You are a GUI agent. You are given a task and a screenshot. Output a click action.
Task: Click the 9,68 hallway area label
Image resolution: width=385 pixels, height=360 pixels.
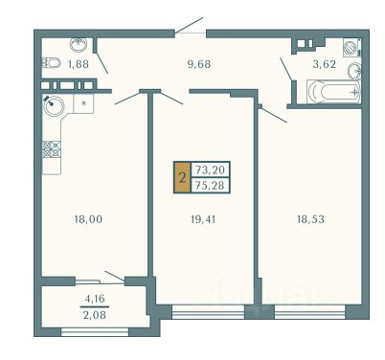pos(199,64)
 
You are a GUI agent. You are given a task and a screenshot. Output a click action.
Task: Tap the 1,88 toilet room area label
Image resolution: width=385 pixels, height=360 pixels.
pos(79,64)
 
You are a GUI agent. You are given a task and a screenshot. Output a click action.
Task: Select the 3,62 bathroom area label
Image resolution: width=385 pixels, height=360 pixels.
pos(324,64)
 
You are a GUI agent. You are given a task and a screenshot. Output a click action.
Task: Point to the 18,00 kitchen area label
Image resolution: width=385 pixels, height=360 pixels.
pos(88,219)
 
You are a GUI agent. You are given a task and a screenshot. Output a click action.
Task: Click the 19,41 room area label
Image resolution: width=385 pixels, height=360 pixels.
pos(203,219)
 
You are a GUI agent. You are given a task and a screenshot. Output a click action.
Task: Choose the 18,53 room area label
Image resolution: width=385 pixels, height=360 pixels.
pos(310,219)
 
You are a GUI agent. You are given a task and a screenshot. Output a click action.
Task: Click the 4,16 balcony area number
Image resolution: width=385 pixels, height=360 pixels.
pos(95,299)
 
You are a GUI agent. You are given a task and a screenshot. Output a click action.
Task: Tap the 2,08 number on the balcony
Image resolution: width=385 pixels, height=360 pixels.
pos(95,315)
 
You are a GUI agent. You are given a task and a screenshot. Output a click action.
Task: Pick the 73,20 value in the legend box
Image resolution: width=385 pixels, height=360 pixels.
pos(210,170)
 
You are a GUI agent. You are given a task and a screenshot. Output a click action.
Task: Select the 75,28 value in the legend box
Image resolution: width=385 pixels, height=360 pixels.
pos(210,185)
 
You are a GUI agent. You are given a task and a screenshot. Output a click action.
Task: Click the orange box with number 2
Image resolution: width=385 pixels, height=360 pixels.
pos(182,177)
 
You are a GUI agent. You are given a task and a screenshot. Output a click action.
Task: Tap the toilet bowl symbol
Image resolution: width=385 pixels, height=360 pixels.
pos(51,63)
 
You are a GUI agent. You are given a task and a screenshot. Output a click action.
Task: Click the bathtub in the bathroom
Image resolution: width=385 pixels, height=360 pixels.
pos(334,92)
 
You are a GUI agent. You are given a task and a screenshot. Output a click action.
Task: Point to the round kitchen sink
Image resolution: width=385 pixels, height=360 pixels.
pos(54,105)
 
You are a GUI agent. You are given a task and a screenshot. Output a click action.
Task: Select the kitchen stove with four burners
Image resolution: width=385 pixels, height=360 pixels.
pos(52,149)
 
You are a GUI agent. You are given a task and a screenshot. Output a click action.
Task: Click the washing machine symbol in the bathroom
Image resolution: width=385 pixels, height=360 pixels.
pos(352,47)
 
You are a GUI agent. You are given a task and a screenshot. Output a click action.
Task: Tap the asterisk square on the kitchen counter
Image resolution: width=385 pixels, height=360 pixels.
pos(83,103)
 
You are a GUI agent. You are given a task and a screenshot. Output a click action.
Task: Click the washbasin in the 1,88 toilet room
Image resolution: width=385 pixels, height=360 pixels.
pos(79,45)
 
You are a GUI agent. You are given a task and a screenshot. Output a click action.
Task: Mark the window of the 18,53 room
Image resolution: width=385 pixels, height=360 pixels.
pos(309,312)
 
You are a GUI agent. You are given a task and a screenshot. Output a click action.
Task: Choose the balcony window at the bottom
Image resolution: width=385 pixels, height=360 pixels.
pos(95,331)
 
